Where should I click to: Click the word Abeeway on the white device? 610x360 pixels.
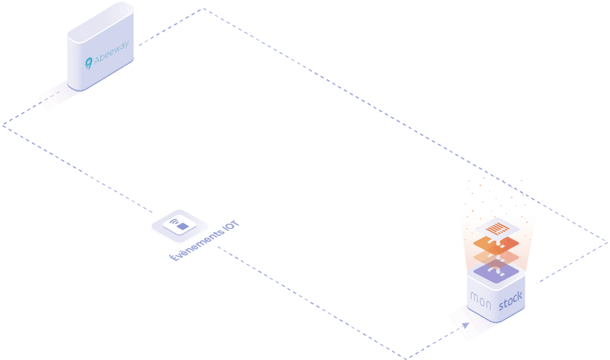(x=113, y=53)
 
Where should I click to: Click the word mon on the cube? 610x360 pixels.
(x=480, y=297)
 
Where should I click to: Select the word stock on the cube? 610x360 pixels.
(x=512, y=306)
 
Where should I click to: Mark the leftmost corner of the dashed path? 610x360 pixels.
(x=4, y=124)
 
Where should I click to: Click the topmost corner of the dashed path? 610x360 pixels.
(x=204, y=8)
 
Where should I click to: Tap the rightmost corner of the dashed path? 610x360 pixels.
(x=607, y=243)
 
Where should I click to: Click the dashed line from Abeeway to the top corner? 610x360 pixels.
(x=172, y=27)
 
